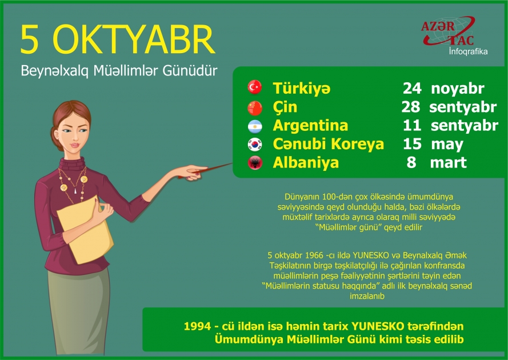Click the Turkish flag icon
point(254,88)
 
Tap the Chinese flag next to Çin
point(254,107)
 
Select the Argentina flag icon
point(254,125)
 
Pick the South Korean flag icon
point(254,144)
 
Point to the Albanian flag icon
point(254,162)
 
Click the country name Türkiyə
point(301,89)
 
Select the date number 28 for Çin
point(411,107)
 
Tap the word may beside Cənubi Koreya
point(447,144)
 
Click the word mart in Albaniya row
point(448,162)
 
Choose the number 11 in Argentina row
point(411,125)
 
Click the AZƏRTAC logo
point(447,33)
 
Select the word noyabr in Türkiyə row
point(458,89)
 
